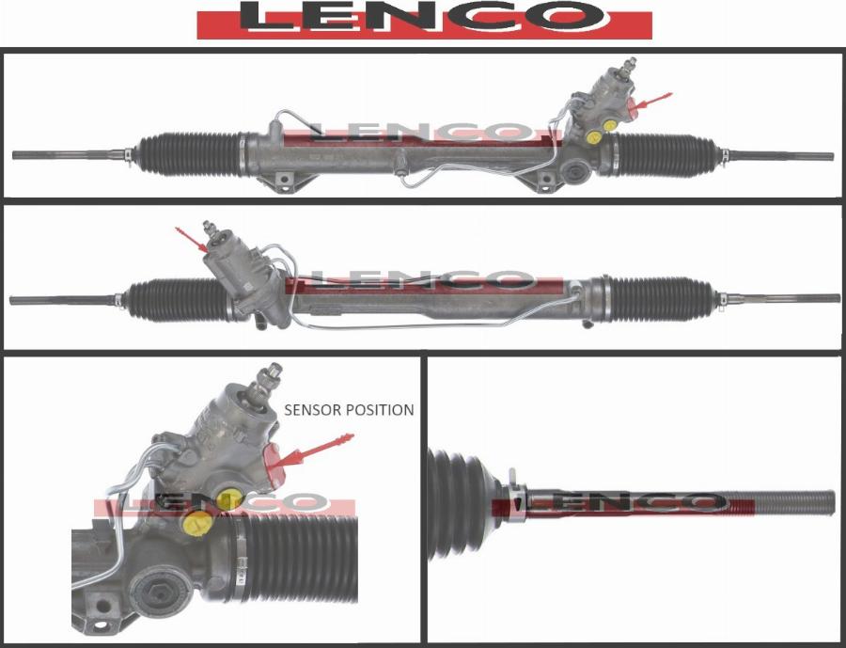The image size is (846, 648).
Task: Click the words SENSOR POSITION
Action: coord(349,410)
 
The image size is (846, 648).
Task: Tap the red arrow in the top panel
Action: coord(651,103)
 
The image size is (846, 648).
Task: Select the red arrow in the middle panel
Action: coord(192,240)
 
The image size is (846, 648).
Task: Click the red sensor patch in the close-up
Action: coord(275,465)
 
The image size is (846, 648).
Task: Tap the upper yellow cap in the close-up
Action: coord(229,498)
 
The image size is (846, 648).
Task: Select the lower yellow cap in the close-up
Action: coord(197,523)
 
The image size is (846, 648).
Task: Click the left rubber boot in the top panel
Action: coord(189,154)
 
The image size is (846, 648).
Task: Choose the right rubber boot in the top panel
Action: coord(664,155)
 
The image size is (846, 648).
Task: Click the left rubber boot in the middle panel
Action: coord(178,300)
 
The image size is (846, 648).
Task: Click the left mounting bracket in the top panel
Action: coord(283,181)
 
